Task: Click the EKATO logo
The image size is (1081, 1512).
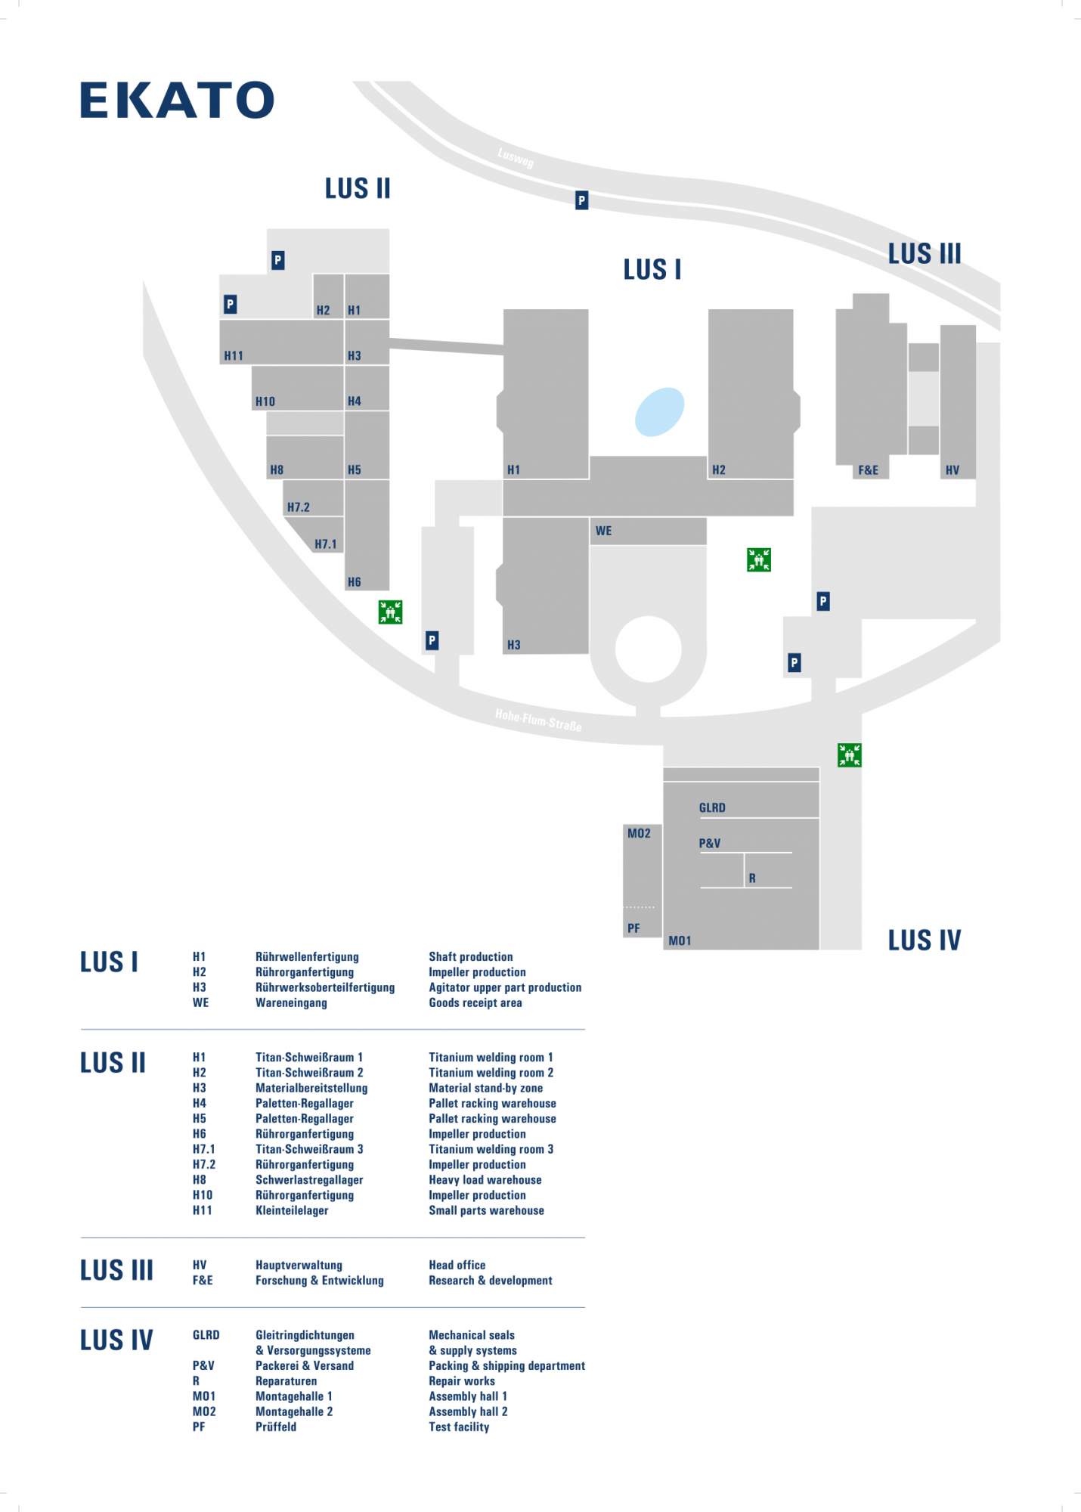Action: pyautogui.click(x=177, y=100)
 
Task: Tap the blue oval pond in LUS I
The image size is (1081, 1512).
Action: pyautogui.click(x=660, y=412)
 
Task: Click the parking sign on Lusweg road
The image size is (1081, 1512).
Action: pyautogui.click(x=581, y=200)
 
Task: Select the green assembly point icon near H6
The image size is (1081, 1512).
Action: pyautogui.click(x=390, y=612)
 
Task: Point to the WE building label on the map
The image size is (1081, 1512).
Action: pyautogui.click(x=603, y=531)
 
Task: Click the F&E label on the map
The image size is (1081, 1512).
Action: pyautogui.click(x=868, y=470)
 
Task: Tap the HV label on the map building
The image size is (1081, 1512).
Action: pyautogui.click(x=952, y=470)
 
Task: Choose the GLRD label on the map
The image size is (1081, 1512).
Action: pyautogui.click(x=712, y=807)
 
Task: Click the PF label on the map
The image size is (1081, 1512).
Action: pyautogui.click(x=633, y=928)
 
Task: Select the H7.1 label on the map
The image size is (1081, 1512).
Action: pyautogui.click(x=326, y=544)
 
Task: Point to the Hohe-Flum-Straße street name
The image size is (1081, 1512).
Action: pyautogui.click(x=538, y=720)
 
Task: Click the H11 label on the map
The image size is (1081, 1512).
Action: pyautogui.click(x=234, y=356)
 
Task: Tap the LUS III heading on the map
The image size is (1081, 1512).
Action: pyautogui.click(x=925, y=253)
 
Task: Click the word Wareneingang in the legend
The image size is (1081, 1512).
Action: pyautogui.click(x=291, y=1002)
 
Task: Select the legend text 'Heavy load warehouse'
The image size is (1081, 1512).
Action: pyautogui.click(x=485, y=1179)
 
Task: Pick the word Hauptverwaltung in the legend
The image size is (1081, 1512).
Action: pyautogui.click(x=299, y=1265)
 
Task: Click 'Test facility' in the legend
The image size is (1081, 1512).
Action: pyautogui.click(x=459, y=1427)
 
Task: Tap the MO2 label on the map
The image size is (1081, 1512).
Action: pyautogui.click(x=639, y=833)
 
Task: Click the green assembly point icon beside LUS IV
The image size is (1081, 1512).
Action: pyautogui.click(x=850, y=754)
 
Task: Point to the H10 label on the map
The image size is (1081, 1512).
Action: pyautogui.click(x=265, y=401)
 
